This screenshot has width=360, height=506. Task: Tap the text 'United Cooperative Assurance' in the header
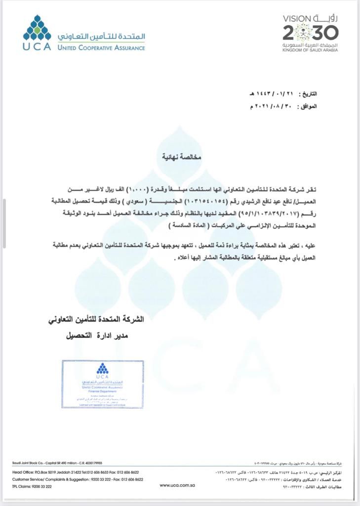click(x=101, y=48)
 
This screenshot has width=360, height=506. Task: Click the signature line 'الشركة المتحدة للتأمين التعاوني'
click(x=96, y=319)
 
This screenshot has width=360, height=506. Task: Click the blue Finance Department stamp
click(x=103, y=384)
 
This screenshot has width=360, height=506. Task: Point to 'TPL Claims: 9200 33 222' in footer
click(x=32, y=487)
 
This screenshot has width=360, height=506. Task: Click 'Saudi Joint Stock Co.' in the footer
click(x=30, y=463)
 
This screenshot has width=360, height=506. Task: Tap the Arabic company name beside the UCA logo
click(x=101, y=37)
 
